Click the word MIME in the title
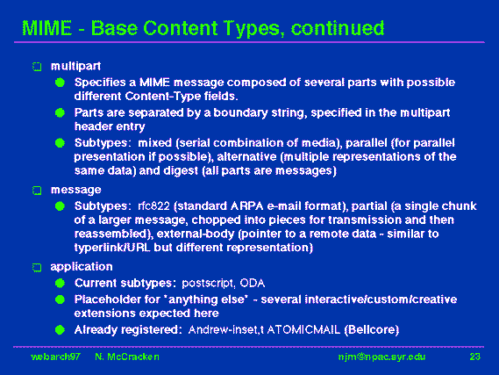47,28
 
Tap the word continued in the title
338,28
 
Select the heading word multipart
75,66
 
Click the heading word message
76,190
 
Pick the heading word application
82,267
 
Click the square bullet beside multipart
37,67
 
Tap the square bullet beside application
37,267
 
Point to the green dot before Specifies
60,83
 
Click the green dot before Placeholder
60,299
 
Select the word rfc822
153,206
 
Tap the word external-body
196,234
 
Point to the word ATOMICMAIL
303,329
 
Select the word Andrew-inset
224,329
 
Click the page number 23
474,357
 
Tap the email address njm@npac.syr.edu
381,357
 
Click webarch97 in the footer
56,357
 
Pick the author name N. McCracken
127,357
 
